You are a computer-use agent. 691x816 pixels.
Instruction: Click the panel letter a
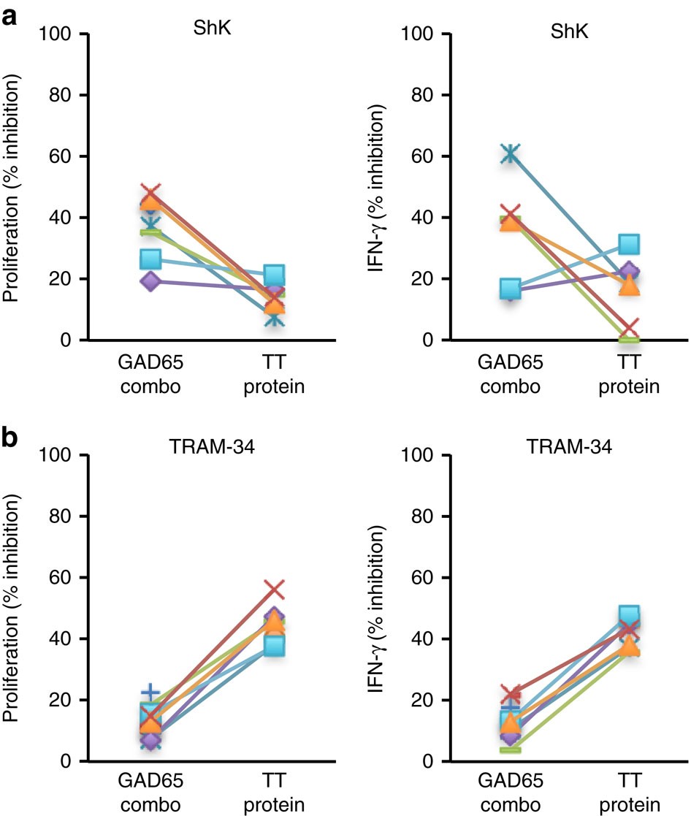click(12, 16)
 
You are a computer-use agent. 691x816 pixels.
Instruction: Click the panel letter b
click(12, 439)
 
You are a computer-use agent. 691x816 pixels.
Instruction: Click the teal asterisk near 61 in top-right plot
click(511, 153)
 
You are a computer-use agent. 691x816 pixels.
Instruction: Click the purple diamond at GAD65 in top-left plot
click(150, 281)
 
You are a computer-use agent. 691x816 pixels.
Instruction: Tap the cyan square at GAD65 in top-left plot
click(150, 259)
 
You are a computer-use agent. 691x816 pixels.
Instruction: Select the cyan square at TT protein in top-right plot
click(629, 244)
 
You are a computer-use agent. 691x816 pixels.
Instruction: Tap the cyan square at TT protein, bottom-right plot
click(629, 615)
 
